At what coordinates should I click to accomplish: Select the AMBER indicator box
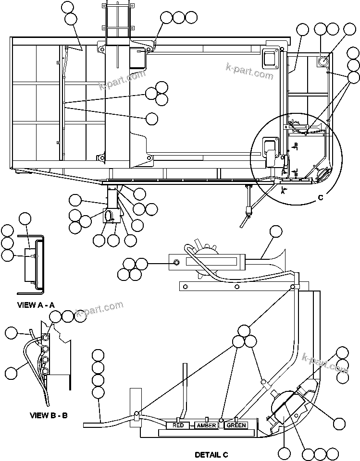tap(206, 425)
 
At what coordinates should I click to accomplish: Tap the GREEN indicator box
tap(236, 425)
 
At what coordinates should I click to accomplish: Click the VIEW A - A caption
tap(36, 304)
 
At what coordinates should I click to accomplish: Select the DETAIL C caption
tap(211, 454)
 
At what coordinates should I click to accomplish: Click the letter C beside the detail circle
tap(320, 197)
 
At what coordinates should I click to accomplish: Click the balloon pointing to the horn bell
tap(276, 232)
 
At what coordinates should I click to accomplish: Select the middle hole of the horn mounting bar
tap(237, 287)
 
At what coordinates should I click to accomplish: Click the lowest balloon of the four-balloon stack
tap(98, 393)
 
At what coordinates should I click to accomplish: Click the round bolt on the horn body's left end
tap(177, 262)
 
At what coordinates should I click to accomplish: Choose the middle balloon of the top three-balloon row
tap(179, 17)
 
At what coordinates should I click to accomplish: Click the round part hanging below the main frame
tap(112, 216)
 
